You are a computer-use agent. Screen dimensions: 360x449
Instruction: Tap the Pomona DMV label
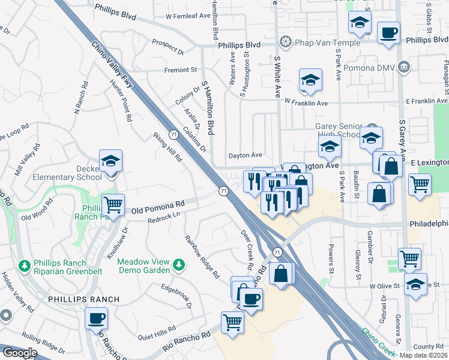click(x=376, y=65)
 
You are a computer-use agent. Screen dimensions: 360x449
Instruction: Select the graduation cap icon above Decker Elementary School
click(x=110, y=161)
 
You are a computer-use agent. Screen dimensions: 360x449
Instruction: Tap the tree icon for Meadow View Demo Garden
click(x=178, y=264)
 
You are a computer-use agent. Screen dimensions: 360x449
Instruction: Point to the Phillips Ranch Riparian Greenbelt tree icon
click(x=24, y=265)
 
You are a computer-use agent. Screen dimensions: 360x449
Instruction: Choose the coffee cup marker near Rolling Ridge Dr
click(x=96, y=318)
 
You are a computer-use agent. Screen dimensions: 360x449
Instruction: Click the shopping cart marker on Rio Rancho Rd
click(x=232, y=322)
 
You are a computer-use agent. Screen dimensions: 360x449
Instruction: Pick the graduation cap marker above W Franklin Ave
click(x=310, y=80)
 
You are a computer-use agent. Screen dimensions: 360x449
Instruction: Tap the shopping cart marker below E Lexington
click(x=420, y=184)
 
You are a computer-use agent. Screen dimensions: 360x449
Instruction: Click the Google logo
click(x=19, y=353)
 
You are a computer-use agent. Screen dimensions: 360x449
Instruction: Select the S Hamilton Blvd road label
click(x=208, y=107)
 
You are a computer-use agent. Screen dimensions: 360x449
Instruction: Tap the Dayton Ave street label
click(x=244, y=155)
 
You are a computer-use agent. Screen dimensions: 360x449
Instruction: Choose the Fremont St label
click(x=181, y=70)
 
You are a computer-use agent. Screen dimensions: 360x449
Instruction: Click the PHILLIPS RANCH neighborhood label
click(x=76, y=299)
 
